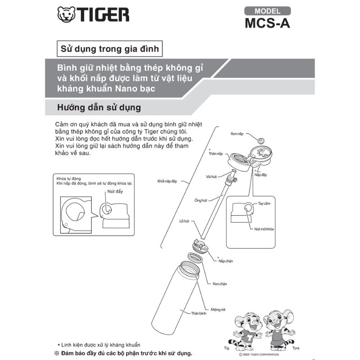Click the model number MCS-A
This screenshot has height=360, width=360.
pos(267,23)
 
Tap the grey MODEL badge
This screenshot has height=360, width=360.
pos(267,11)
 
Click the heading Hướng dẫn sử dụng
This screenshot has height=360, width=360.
pos(99,108)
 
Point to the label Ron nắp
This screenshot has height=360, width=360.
pos(237,134)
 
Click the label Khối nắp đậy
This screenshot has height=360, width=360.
pos(167,181)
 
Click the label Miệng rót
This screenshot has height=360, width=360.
pos(218,310)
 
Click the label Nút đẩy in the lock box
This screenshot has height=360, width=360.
pos(115,192)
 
